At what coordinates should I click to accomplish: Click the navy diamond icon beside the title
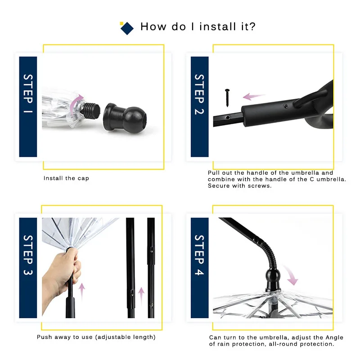127,28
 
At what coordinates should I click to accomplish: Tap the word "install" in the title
218,27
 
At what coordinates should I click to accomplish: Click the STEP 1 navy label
28,107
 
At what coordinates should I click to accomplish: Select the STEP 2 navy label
200,107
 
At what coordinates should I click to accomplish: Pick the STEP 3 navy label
28,268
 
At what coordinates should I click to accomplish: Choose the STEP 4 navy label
200,268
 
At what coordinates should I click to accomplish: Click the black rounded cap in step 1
125,118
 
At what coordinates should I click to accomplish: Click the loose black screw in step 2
227,98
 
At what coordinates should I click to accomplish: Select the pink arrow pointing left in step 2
254,96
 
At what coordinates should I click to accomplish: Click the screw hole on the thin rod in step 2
228,117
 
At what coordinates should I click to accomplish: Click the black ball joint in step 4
273,276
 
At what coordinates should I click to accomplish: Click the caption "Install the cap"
66,178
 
